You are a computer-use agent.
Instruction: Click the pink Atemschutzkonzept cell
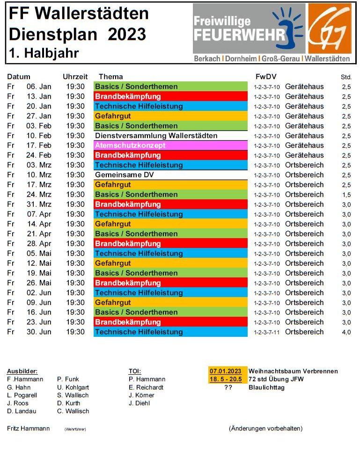tap(170, 145)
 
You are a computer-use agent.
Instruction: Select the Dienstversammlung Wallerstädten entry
tap(156, 136)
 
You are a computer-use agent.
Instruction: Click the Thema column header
tap(111, 77)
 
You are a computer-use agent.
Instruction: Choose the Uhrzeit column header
tap(75, 77)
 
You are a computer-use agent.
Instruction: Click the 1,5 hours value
tap(346, 195)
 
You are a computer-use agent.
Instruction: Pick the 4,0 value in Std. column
tap(346, 332)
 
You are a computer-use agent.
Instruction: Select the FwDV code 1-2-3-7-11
tap(266, 332)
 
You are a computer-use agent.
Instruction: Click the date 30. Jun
tap(39, 332)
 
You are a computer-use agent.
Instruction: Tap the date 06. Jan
tap(39, 87)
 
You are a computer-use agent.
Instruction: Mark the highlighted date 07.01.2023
tap(225, 371)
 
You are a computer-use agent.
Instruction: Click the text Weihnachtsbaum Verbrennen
tap(293, 371)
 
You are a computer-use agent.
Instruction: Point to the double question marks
tap(228, 387)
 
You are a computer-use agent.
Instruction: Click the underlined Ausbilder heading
tap(22, 371)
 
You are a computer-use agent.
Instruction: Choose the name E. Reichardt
tap(147, 387)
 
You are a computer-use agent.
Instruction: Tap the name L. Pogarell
tap(22, 395)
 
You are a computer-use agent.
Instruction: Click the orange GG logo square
tap(329, 29)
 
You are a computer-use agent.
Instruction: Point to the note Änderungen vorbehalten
tap(265, 429)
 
